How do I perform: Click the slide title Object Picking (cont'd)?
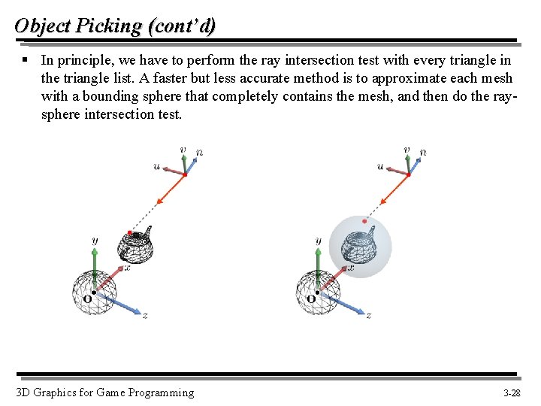115,26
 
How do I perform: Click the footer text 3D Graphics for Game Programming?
104,392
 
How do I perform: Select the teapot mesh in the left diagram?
137,246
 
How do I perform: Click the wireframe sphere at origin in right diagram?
316,293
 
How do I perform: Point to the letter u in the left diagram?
156,166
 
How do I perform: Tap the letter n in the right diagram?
424,153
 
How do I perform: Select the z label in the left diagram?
145,316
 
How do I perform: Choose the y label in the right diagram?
319,241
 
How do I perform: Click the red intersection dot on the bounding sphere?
364,221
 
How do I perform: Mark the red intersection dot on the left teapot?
131,232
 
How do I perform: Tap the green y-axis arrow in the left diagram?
94,263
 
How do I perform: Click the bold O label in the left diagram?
87,299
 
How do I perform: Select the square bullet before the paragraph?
25,59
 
